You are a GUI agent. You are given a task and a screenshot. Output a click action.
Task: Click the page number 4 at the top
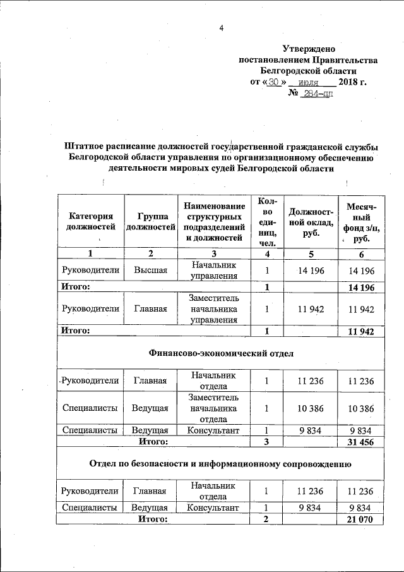point(222,27)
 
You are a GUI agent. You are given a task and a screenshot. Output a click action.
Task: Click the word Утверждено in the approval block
point(309,49)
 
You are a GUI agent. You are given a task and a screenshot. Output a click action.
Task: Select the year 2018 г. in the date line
point(352,82)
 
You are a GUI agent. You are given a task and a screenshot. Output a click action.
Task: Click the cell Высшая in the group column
point(150,270)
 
